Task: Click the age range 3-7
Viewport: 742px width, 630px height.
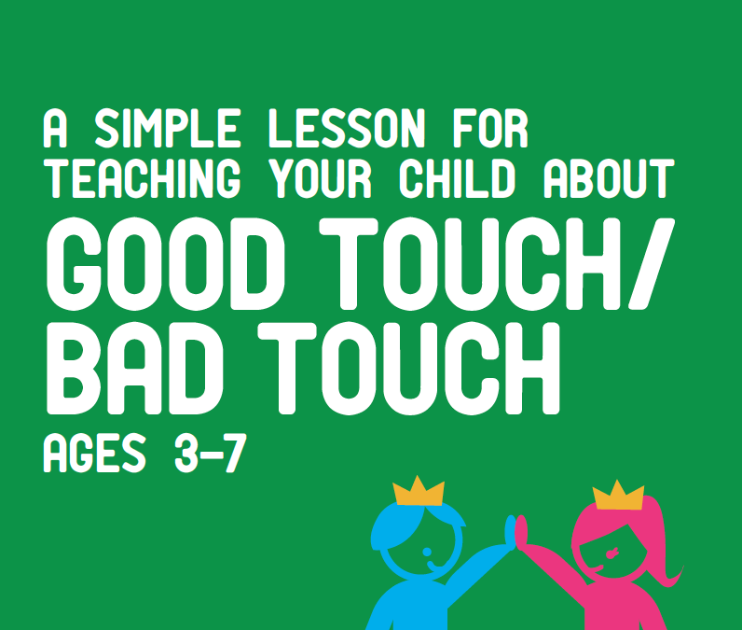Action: pyautogui.click(x=208, y=455)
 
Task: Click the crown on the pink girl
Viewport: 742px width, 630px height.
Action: pyautogui.click(x=618, y=496)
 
